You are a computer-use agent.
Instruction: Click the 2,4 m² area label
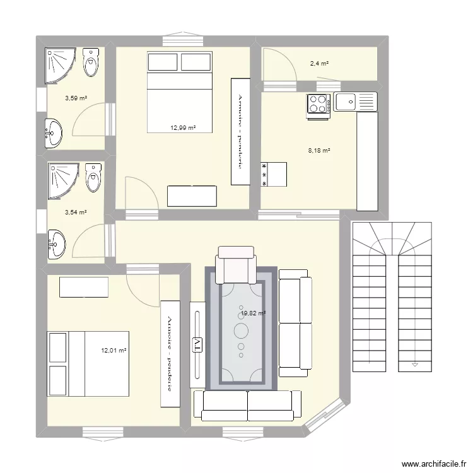pyautogui.click(x=319, y=64)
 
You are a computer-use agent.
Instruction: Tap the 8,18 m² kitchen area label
pyautogui.click(x=319, y=150)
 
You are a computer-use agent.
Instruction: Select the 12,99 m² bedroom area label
pyautogui.click(x=183, y=128)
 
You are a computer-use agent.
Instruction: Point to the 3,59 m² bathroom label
pyautogui.click(x=76, y=98)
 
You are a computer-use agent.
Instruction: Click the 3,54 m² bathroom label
pyautogui.click(x=76, y=213)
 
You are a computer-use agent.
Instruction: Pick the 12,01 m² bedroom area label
pyautogui.click(x=114, y=351)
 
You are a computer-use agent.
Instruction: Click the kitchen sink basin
pyautogui.click(x=346, y=102)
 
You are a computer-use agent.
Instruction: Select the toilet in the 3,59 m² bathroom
pyautogui.click(x=91, y=62)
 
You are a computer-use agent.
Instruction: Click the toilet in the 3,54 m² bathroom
pyautogui.click(x=93, y=177)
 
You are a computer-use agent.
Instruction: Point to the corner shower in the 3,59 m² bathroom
pyautogui.click(x=59, y=65)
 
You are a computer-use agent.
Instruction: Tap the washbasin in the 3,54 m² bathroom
pyautogui.click(x=56, y=245)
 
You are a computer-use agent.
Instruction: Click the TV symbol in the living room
pyautogui.click(x=197, y=345)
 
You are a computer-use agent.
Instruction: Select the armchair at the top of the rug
pyautogui.click(x=236, y=265)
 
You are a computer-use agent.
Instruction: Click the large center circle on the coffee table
pyautogui.click(x=241, y=330)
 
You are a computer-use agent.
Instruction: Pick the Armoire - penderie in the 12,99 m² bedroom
pyautogui.click(x=240, y=132)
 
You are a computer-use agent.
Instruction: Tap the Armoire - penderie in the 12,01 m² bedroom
pyautogui.click(x=170, y=354)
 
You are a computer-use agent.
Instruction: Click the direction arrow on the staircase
pyautogui.click(x=415, y=365)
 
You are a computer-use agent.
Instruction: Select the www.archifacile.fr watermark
pyautogui.click(x=434, y=464)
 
